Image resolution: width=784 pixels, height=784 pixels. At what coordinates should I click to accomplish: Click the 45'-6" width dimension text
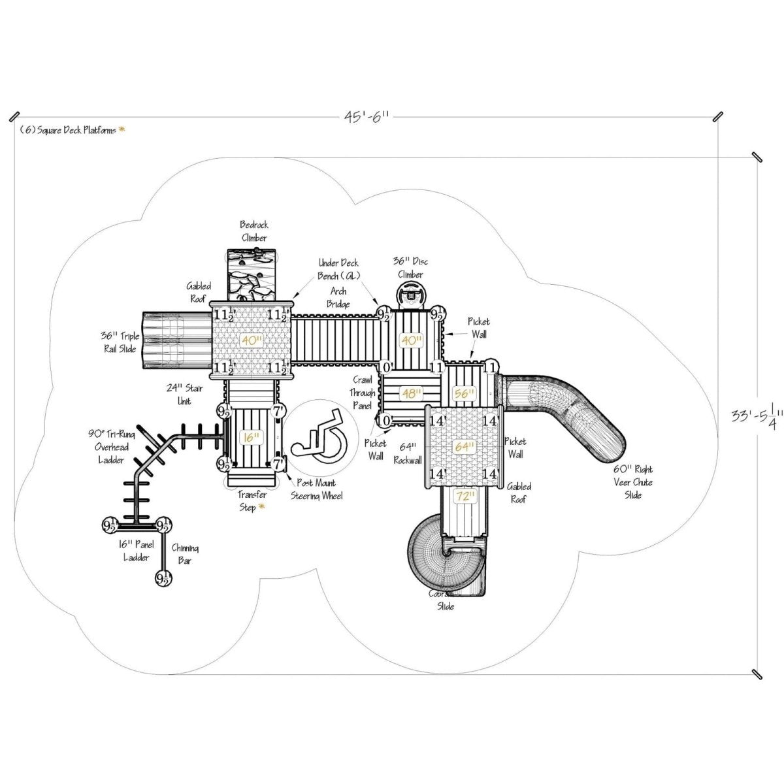[x=367, y=117]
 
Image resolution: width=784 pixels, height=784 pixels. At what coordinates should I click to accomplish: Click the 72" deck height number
[x=465, y=497]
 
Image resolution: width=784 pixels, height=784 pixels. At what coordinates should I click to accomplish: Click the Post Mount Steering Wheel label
[x=316, y=489]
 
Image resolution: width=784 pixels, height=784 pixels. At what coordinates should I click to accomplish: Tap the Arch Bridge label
[x=338, y=297]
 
